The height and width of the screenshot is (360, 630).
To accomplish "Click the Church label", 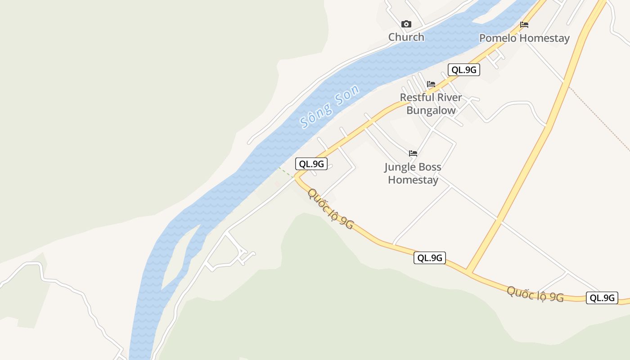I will pos(406,37).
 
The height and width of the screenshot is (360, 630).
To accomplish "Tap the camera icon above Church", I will pos(406,24).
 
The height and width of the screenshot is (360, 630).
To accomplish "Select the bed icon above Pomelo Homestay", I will pos(524,25).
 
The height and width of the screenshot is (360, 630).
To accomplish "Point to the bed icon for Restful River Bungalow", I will pos(431,84).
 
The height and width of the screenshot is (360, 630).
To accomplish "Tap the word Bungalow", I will pos(431,111).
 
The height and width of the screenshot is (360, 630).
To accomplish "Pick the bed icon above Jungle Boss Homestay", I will pos(413,153).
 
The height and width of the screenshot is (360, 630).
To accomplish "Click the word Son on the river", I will pos(347,95).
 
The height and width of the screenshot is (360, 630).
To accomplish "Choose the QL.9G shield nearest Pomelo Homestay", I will pos(463,70).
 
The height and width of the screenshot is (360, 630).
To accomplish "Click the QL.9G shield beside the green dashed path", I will pos(311,164).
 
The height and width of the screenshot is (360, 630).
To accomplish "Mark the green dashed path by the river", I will pos(285,172).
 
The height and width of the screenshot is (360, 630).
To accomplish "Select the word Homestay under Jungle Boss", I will pos(413,180).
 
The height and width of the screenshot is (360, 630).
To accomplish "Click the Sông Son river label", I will pos(330,106).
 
